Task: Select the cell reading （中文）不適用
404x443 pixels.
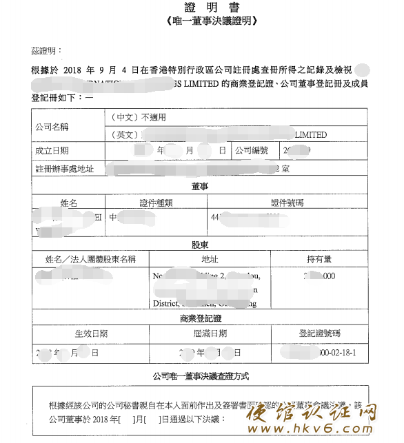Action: tap(139, 118)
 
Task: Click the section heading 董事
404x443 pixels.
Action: tap(200, 186)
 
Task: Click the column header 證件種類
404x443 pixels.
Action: tap(157, 203)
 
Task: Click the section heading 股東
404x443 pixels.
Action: tap(200, 245)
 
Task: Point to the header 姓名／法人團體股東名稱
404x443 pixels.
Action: tap(91, 260)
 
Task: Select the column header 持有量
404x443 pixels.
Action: tap(319, 260)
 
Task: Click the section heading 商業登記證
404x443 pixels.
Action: tap(200, 318)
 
